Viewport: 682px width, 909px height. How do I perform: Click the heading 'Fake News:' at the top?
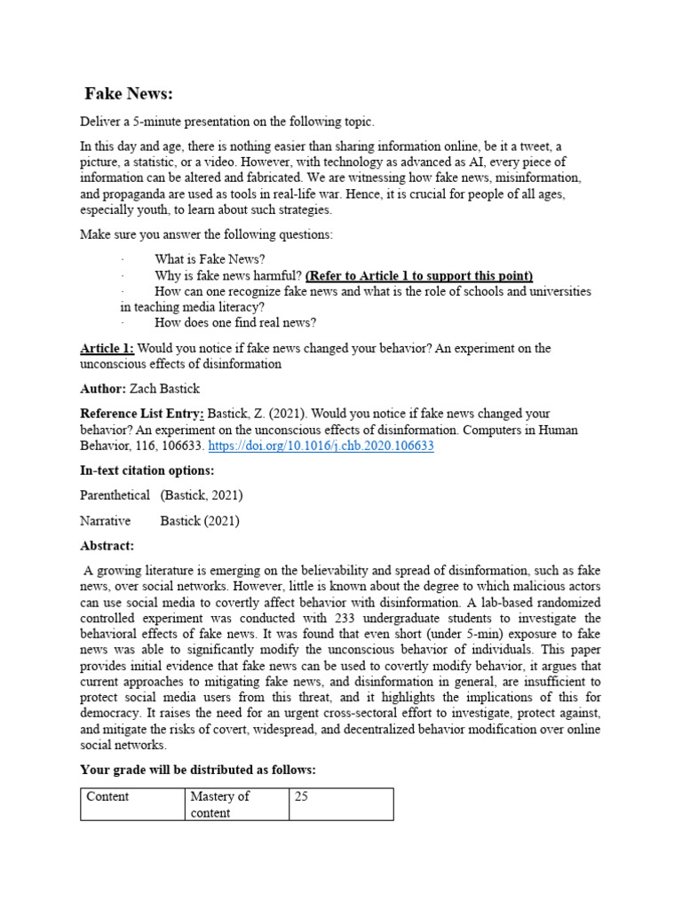(129, 94)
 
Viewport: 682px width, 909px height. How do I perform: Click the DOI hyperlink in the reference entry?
(321, 446)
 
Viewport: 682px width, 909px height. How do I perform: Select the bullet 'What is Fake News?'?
(210, 259)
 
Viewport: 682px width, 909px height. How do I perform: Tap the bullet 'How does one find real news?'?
(235, 322)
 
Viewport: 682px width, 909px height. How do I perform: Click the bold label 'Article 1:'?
(107, 348)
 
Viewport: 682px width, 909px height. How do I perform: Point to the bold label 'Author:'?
(103, 389)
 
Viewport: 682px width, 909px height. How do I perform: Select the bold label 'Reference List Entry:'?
(142, 415)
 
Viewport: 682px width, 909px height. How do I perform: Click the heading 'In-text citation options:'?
(147, 470)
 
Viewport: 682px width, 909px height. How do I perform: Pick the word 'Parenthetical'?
(115, 494)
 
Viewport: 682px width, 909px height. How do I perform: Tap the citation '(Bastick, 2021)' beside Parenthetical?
(202, 494)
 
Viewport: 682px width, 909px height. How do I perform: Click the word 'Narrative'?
(105, 520)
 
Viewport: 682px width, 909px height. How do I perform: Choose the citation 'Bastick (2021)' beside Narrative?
(200, 520)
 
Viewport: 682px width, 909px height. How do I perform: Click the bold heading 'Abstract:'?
(107, 546)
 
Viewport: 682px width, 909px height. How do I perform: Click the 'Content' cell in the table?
(107, 796)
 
